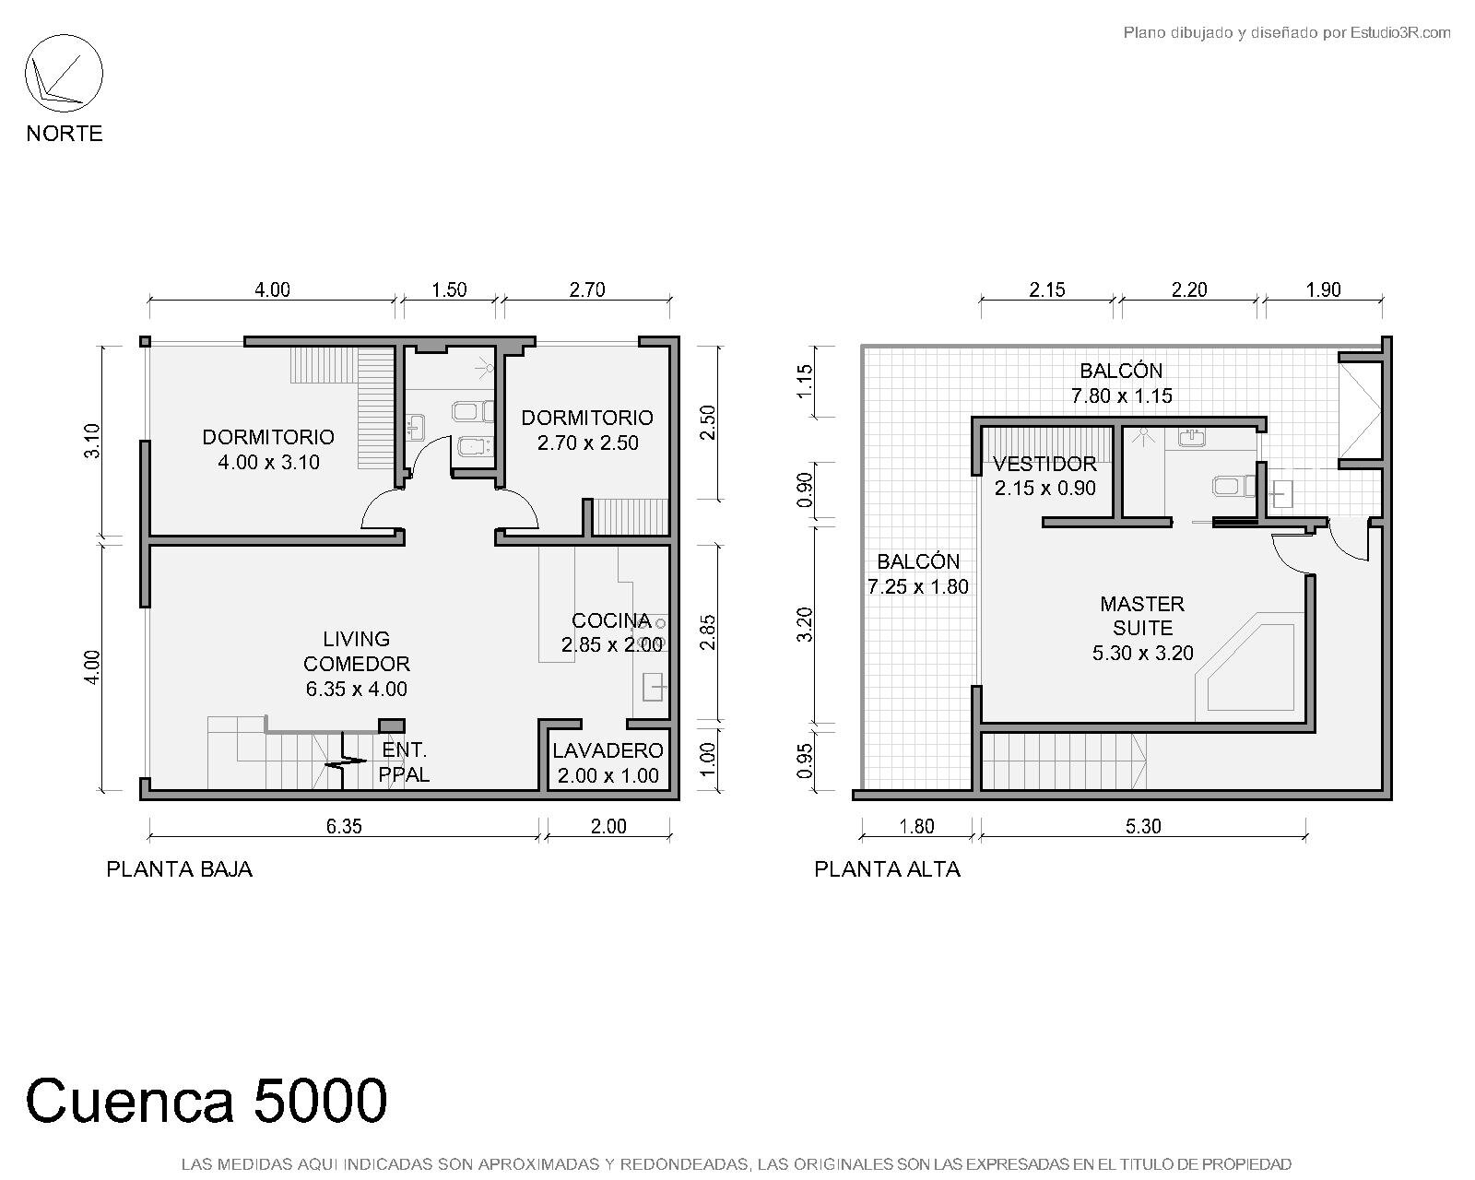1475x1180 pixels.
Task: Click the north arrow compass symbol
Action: [x=64, y=74]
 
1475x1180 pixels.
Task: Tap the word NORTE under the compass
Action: [x=65, y=134]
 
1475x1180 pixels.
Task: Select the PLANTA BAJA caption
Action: [x=180, y=869]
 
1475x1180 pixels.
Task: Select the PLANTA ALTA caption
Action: [x=887, y=869]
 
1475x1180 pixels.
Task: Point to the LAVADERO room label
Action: [x=608, y=750]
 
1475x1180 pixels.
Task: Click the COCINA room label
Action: [x=611, y=620]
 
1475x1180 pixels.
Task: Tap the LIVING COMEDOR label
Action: [x=357, y=652]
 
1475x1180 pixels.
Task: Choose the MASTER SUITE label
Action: [x=1142, y=616]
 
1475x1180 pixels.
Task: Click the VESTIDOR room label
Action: [x=1044, y=465]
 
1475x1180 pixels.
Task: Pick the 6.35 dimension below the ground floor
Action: [x=343, y=826]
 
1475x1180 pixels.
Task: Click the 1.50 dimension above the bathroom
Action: [x=449, y=290]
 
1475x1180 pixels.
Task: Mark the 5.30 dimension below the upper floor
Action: [x=1143, y=826]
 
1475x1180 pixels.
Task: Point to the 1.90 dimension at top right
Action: [x=1323, y=290]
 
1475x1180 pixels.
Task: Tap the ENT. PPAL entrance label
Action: [x=404, y=762]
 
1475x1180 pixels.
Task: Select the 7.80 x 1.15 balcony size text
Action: [x=1121, y=395]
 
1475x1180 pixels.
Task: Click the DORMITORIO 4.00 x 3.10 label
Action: [x=268, y=449]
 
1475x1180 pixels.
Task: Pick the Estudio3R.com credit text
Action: [x=1400, y=32]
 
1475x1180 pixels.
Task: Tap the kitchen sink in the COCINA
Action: [x=654, y=686]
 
